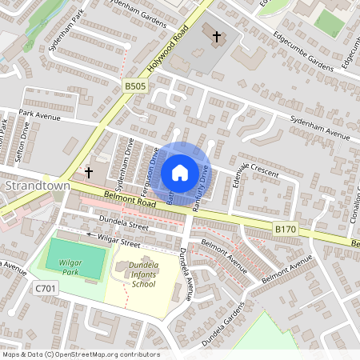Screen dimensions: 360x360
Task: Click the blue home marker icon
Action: click(x=180, y=173)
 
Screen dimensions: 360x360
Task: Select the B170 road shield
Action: click(x=286, y=229)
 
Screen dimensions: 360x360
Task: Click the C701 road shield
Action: click(x=45, y=286)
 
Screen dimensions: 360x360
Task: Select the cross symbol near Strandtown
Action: click(x=89, y=172)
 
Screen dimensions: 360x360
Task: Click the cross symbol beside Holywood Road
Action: click(x=216, y=35)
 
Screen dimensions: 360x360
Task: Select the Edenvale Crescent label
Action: click(x=251, y=172)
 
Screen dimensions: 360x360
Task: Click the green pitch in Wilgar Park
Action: click(x=75, y=258)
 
